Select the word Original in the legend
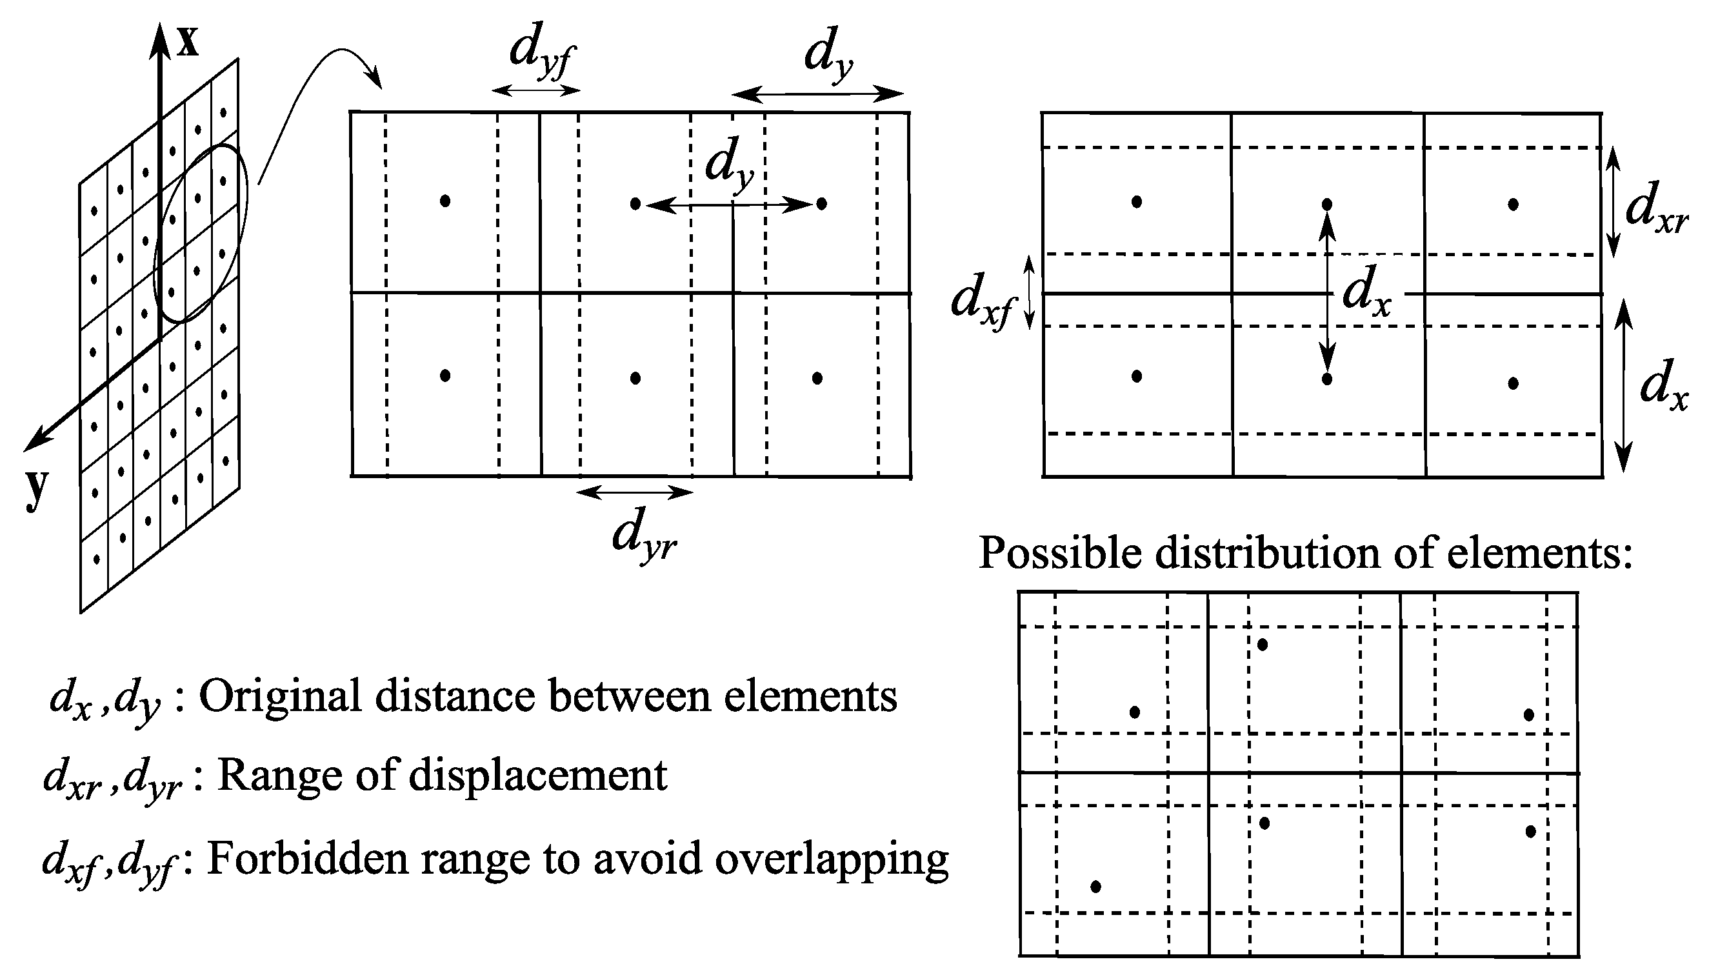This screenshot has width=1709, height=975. [x=281, y=696]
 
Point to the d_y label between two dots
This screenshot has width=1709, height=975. [x=730, y=165]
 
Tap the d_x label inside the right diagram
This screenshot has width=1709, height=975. [x=1366, y=296]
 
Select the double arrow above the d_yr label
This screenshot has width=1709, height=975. [x=635, y=493]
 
